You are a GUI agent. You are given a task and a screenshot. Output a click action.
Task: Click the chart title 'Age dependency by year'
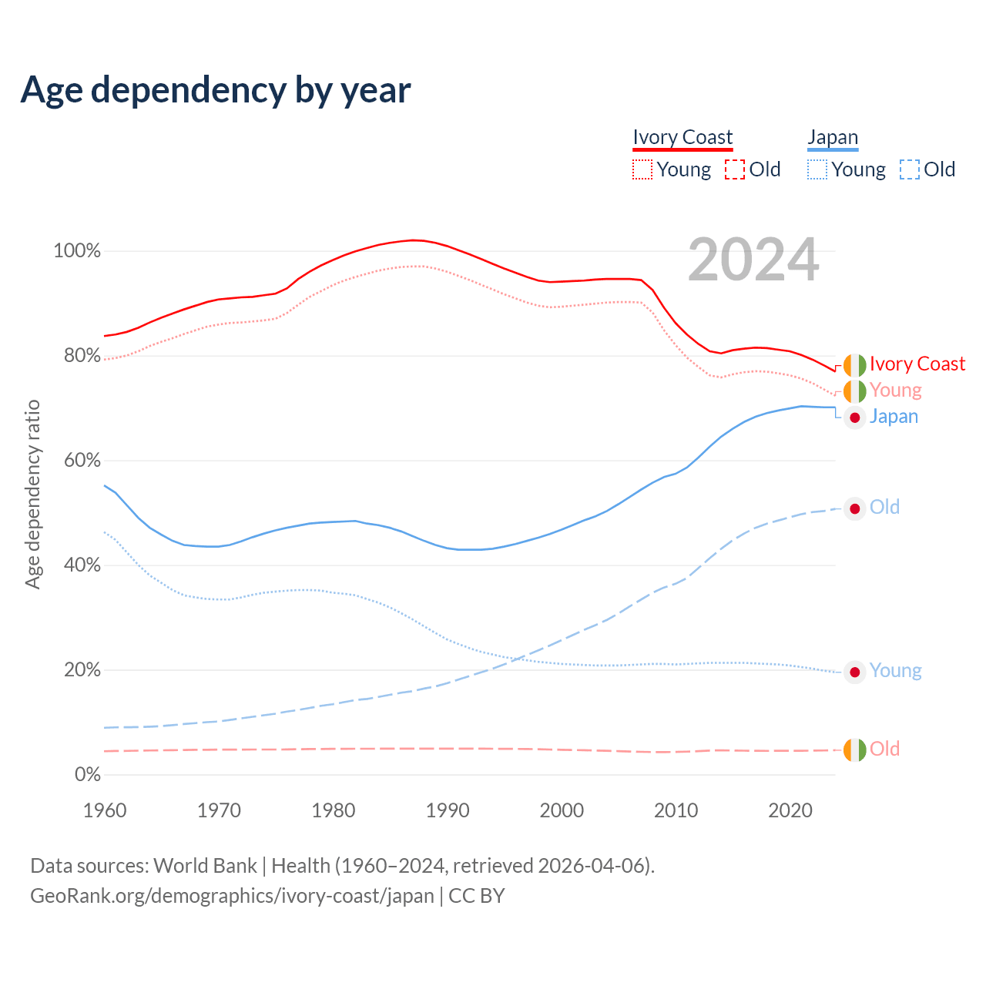point(216,90)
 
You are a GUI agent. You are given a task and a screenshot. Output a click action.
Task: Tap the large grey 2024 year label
point(753,260)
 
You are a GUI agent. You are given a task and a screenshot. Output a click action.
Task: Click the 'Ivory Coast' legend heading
point(682,138)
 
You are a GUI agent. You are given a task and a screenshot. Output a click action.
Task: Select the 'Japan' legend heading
point(833,138)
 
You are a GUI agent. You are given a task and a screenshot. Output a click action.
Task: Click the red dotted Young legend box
point(642,169)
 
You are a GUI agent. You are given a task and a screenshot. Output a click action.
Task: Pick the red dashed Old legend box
point(735,169)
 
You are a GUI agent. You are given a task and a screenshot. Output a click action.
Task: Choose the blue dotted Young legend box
point(817,169)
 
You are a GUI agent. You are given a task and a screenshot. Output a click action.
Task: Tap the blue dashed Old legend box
point(910,169)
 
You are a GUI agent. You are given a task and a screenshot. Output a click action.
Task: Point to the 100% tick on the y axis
point(77,251)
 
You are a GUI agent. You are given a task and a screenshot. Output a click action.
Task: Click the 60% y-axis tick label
point(82,461)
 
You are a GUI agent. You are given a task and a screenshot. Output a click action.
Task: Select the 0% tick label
point(87,775)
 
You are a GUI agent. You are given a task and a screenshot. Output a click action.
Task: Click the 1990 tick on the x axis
point(448,810)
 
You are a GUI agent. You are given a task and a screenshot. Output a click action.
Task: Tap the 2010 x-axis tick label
point(676,810)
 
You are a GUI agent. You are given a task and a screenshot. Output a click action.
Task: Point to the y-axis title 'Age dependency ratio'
point(32,494)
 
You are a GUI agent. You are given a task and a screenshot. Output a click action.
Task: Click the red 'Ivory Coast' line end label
point(917,364)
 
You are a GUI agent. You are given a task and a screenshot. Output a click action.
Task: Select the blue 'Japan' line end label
point(894,417)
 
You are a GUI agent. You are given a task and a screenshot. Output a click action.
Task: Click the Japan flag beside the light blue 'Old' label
point(854,508)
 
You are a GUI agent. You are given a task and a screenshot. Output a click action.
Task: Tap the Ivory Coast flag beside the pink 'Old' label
point(854,750)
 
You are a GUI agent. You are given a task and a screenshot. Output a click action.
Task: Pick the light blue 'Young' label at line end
point(895,671)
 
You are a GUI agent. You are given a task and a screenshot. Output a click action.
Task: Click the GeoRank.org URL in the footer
point(232,896)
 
